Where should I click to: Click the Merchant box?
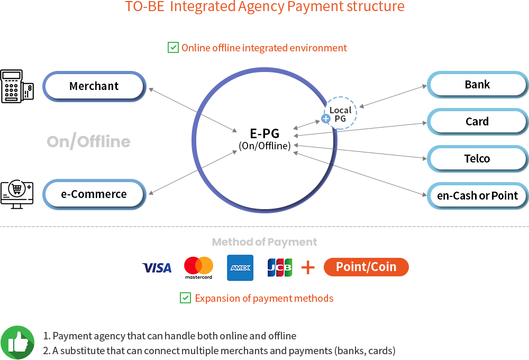94,86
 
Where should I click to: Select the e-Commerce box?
94,194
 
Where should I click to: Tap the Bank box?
477,85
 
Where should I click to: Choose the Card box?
477,122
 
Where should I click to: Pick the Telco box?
477,159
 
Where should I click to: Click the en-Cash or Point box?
477,196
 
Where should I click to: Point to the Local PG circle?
340,114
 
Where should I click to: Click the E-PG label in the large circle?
264,133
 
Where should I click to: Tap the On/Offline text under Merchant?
88,141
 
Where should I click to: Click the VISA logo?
157,268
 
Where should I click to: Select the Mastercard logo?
198,268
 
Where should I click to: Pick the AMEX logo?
240,268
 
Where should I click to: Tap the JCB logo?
279,268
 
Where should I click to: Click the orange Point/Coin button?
366,267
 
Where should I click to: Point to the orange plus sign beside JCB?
308,268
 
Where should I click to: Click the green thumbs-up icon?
17,342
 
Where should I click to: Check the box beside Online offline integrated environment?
173,48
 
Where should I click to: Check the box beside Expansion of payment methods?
186,298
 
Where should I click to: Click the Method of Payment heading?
264,242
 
